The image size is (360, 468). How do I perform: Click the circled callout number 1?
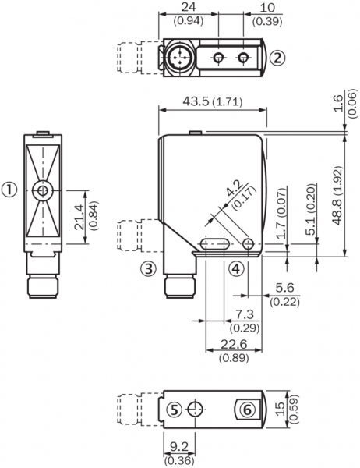point(9,190)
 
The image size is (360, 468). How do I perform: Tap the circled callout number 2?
point(277,58)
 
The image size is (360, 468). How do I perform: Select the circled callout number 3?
point(149,268)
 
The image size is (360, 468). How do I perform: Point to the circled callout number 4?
point(235,268)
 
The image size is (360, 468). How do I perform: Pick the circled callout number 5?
point(175,409)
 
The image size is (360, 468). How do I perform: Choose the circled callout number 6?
point(248,409)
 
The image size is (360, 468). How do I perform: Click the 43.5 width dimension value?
point(196,101)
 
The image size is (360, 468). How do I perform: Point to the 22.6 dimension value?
point(234,344)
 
